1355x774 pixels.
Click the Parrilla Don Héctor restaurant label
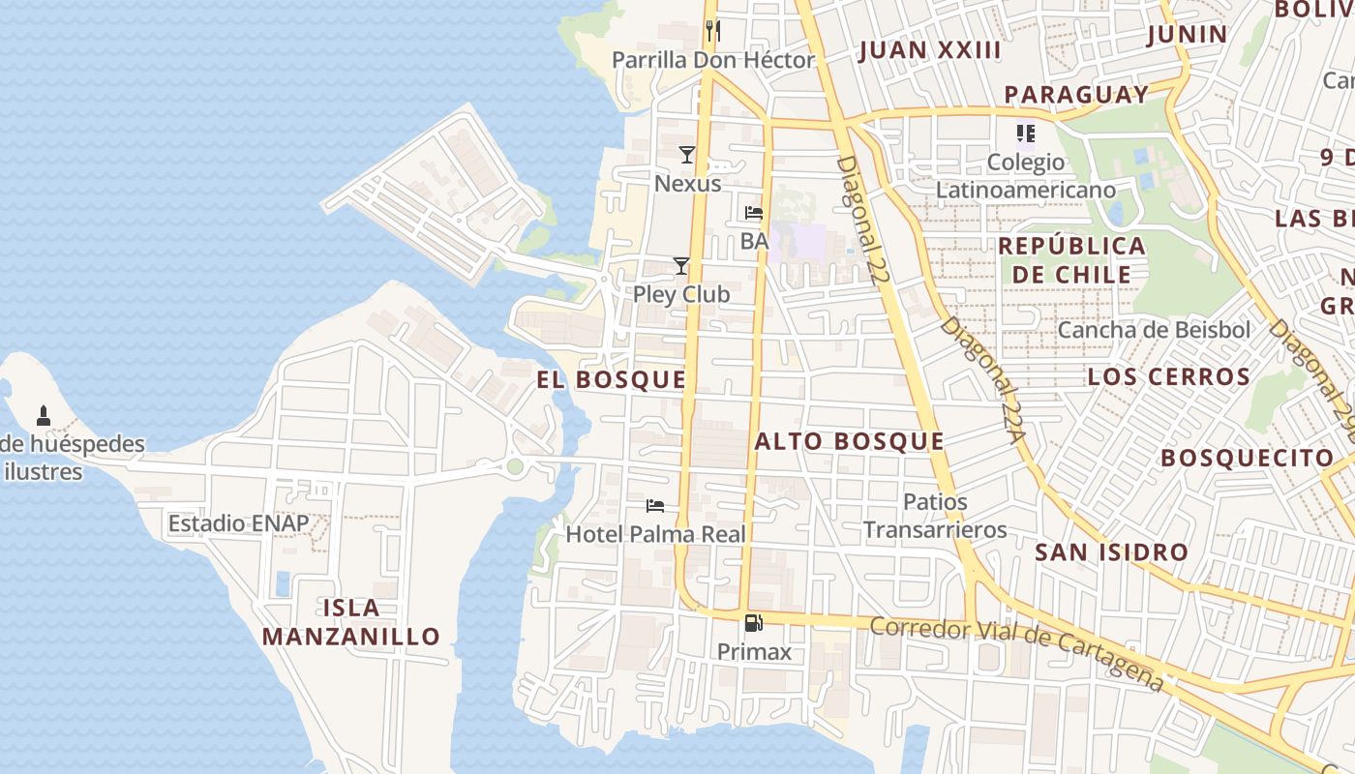pyautogui.click(x=713, y=60)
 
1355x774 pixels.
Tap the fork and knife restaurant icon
pyautogui.click(x=713, y=31)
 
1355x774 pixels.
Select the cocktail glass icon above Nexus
pyautogui.click(x=687, y=155)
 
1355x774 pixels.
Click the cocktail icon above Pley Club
pyautogui.click(x=681, y=266)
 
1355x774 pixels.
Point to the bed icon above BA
pyautogui.click(x=754, y=213)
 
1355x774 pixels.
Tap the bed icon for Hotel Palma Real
pyautogui.click(x=655, y=506)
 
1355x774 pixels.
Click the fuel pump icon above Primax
pyautogui.click(x=754, y=623)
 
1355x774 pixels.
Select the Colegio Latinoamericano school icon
pyautogui.click(x=1025, y=134)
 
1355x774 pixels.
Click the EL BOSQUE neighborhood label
pyautogui.click(x=612, y=380)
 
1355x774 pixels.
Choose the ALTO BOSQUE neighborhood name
pyautogui.click(x=849, y=442)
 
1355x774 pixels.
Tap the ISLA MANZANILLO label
pyautogui.click(x=350, y=622)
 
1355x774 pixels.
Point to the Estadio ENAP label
pyautogui.click(x=239, y=523)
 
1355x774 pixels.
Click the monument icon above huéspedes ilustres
pyautogui.click(x=43, y=417)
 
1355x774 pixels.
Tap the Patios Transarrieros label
pyautogui.click(x=935, y=516)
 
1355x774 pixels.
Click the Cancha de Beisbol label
pyautogui.click(x=1154, y=330)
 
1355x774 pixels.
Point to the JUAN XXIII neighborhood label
pyautogui.click(x=929, y=51)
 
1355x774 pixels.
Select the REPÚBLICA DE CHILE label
pyautogui.click(x=1071, y=259)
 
